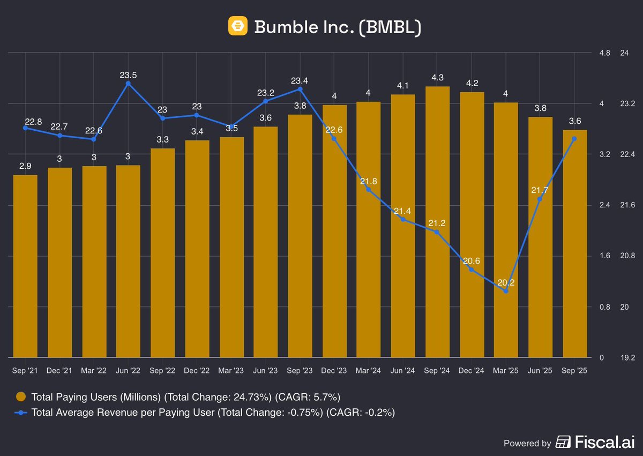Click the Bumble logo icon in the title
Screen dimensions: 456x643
pos(237,26)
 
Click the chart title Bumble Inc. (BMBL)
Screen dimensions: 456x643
pos(338,26)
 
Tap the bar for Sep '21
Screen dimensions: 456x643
pos(25,268)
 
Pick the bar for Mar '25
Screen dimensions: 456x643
pos(505,230)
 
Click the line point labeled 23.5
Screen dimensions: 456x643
pos(128,84)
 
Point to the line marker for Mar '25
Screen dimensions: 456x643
pos(505,291)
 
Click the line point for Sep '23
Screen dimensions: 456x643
pos(300,89)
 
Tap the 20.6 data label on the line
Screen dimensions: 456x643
pos(471,261)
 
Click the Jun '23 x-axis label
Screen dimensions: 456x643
pos(265,371)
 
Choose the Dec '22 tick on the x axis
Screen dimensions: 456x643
pos(197,371)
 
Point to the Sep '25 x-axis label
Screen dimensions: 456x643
pos(574,371)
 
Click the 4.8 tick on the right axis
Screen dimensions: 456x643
pos(605,53)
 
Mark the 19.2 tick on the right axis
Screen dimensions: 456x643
pos(627,357)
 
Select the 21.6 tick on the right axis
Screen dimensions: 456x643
pos(627,205)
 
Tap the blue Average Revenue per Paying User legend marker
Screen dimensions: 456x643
pos(21,412)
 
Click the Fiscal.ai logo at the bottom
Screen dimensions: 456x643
pos(595,443)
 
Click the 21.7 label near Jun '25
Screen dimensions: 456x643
pos(540,190)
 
